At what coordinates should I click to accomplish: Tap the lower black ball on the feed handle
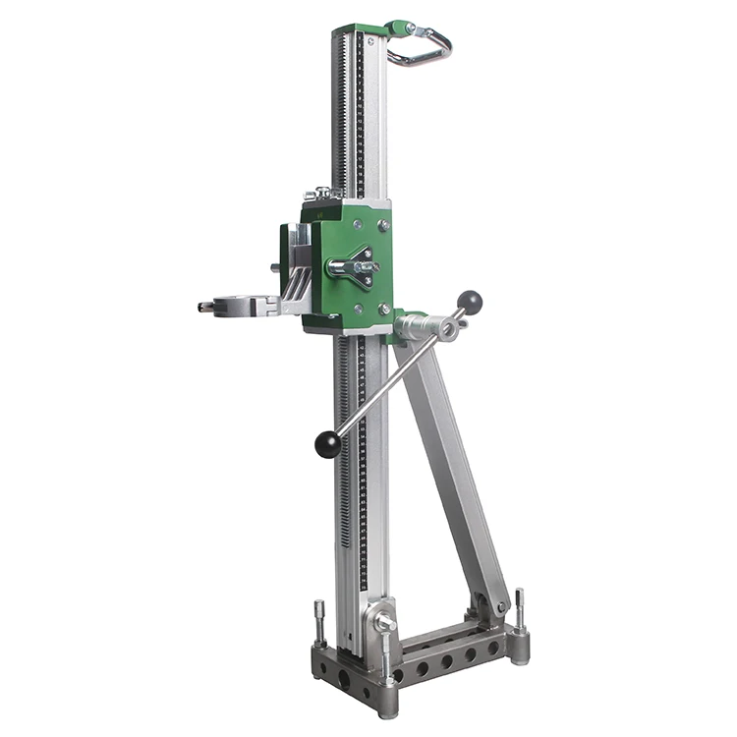pos(327,445)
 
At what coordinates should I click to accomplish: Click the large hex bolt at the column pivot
pos(386,623)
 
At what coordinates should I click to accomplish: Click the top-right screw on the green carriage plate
pos(383,225)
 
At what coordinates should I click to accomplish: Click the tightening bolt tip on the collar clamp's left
pos(203,306)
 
